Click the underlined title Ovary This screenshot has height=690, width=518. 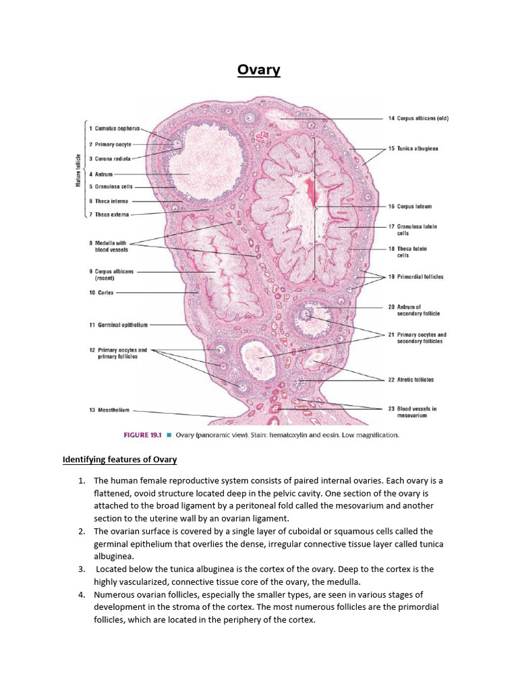point(258,70)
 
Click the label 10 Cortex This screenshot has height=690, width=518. point(101,293)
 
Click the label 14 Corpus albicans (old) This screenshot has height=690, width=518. point(418,119)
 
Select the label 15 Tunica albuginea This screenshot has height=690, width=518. point(413,148)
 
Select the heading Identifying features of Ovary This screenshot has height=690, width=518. point(119,460)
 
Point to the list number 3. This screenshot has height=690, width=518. point(81,569)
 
